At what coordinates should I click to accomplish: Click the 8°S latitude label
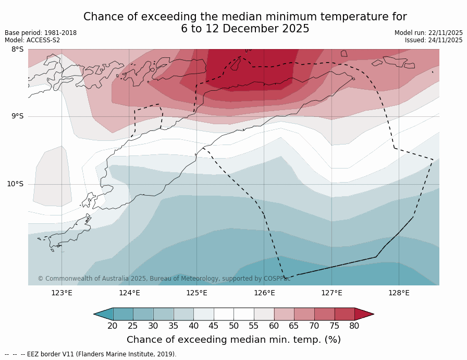(18, 50)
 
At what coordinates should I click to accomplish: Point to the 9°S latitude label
(18, 116)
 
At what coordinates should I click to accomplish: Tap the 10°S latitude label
(15, 184)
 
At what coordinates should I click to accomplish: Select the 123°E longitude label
(62, 293)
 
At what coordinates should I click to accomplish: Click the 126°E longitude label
(264, 293)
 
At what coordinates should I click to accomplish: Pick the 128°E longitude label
(399, 293)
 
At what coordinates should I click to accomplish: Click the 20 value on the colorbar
(113, 326)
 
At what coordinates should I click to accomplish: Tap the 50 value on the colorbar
(233, 326)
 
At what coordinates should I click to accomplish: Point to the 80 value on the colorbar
(354, 326)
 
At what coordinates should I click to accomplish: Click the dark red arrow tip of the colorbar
(364, 314)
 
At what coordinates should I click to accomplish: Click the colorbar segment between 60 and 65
(284, 314)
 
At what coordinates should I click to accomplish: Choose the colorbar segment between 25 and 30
(143, 314)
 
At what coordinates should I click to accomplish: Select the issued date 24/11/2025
(445, 40)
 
